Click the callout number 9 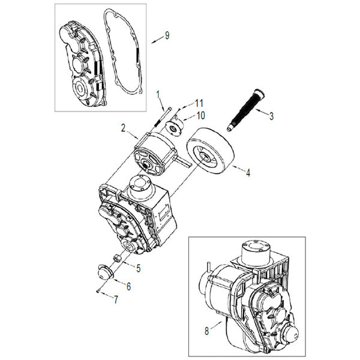[166, 35]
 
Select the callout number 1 [158, 94]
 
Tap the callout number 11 [199, 103]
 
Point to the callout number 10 [200, 114]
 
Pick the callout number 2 [123, 127]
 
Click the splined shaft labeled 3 [247, 109]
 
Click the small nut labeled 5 [119, 258]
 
